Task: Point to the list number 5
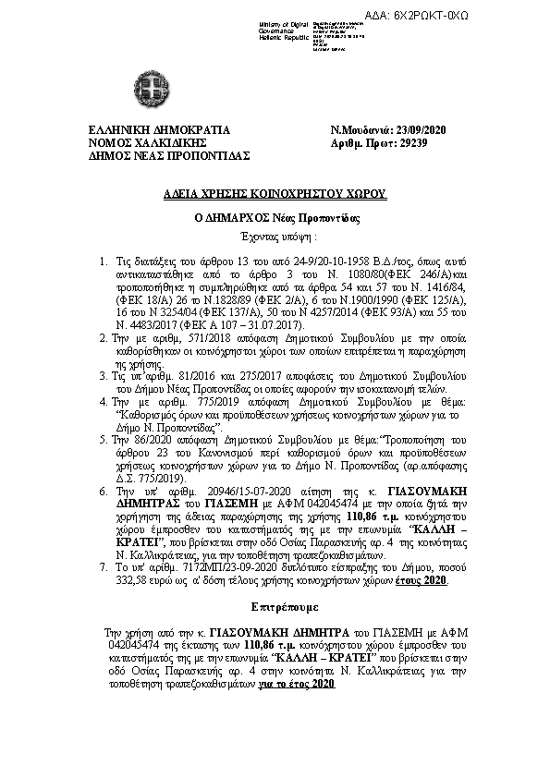coord(104,444)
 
